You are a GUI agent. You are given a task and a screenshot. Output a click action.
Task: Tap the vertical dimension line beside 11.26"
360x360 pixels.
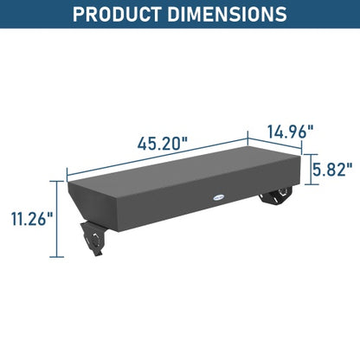pyautogui.click(x=59, y=219)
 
